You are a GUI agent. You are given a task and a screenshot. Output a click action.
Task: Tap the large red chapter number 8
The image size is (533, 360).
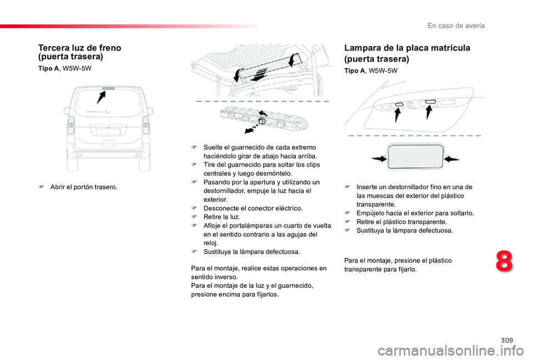coord(504,262)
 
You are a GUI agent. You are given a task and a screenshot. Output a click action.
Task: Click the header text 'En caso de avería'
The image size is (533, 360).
coord(456,26)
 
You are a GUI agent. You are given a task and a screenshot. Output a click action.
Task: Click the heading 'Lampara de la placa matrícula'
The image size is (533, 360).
coord(407,48)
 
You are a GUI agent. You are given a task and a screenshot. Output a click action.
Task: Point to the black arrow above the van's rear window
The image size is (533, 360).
coord(101,97)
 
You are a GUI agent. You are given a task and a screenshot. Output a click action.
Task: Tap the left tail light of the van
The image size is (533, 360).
coord(71,128)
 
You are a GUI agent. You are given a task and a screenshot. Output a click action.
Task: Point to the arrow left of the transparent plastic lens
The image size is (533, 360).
coord(379,158)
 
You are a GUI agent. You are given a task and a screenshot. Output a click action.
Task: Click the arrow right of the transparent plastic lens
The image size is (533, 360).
coord(452,159)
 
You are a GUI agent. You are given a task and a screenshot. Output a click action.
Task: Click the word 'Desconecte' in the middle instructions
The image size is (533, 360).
coord(219,208)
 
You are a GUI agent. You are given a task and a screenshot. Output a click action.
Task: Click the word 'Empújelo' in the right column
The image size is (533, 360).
coord(370,212)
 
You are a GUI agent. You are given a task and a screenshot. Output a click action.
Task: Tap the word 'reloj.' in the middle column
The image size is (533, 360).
coord(211,243)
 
